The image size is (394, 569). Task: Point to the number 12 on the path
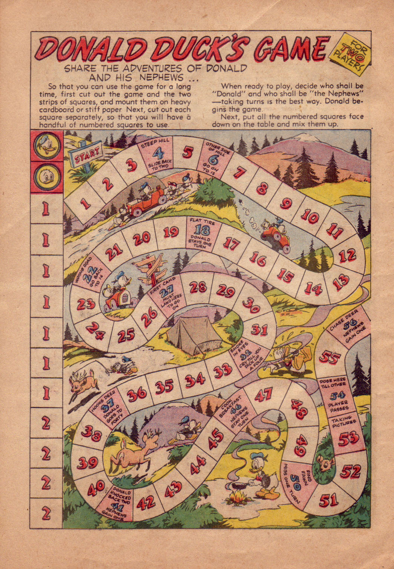tap(347, 256)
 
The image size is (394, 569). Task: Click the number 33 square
tap(222, 372)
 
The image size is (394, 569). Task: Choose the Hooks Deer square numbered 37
tap(107, 408)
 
